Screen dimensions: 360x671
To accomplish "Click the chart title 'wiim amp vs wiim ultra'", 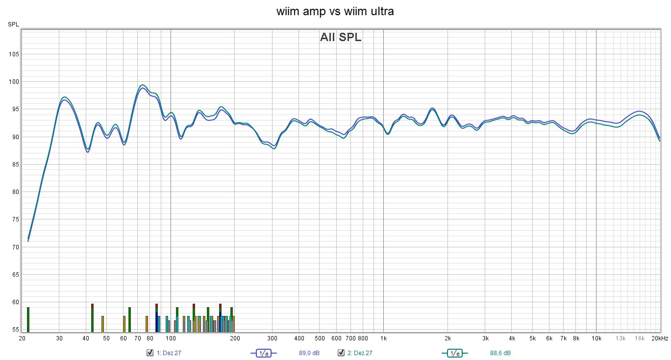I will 335,11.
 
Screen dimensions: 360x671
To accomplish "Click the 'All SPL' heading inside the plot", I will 341,37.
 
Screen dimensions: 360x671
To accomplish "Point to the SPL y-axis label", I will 13,24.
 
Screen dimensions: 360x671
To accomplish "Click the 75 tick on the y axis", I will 14,219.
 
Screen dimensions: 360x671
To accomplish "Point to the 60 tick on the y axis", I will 14,302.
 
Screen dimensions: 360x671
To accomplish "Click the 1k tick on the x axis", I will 383,338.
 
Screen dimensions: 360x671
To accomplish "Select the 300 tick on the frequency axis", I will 273,338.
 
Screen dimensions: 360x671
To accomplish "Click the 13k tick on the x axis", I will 621,338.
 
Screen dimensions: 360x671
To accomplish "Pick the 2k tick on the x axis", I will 447,338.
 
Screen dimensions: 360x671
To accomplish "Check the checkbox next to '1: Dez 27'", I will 150,353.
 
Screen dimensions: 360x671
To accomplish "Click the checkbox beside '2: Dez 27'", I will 341,353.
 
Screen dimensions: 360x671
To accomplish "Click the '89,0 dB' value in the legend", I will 309,353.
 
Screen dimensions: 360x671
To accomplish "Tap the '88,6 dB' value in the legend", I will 500,353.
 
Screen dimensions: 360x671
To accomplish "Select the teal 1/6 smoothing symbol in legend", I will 454,353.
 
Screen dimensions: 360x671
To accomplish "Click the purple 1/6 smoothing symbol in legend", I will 263,353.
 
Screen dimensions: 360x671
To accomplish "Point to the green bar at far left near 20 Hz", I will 28,319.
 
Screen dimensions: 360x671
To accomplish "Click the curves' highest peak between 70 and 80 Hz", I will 142,86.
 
